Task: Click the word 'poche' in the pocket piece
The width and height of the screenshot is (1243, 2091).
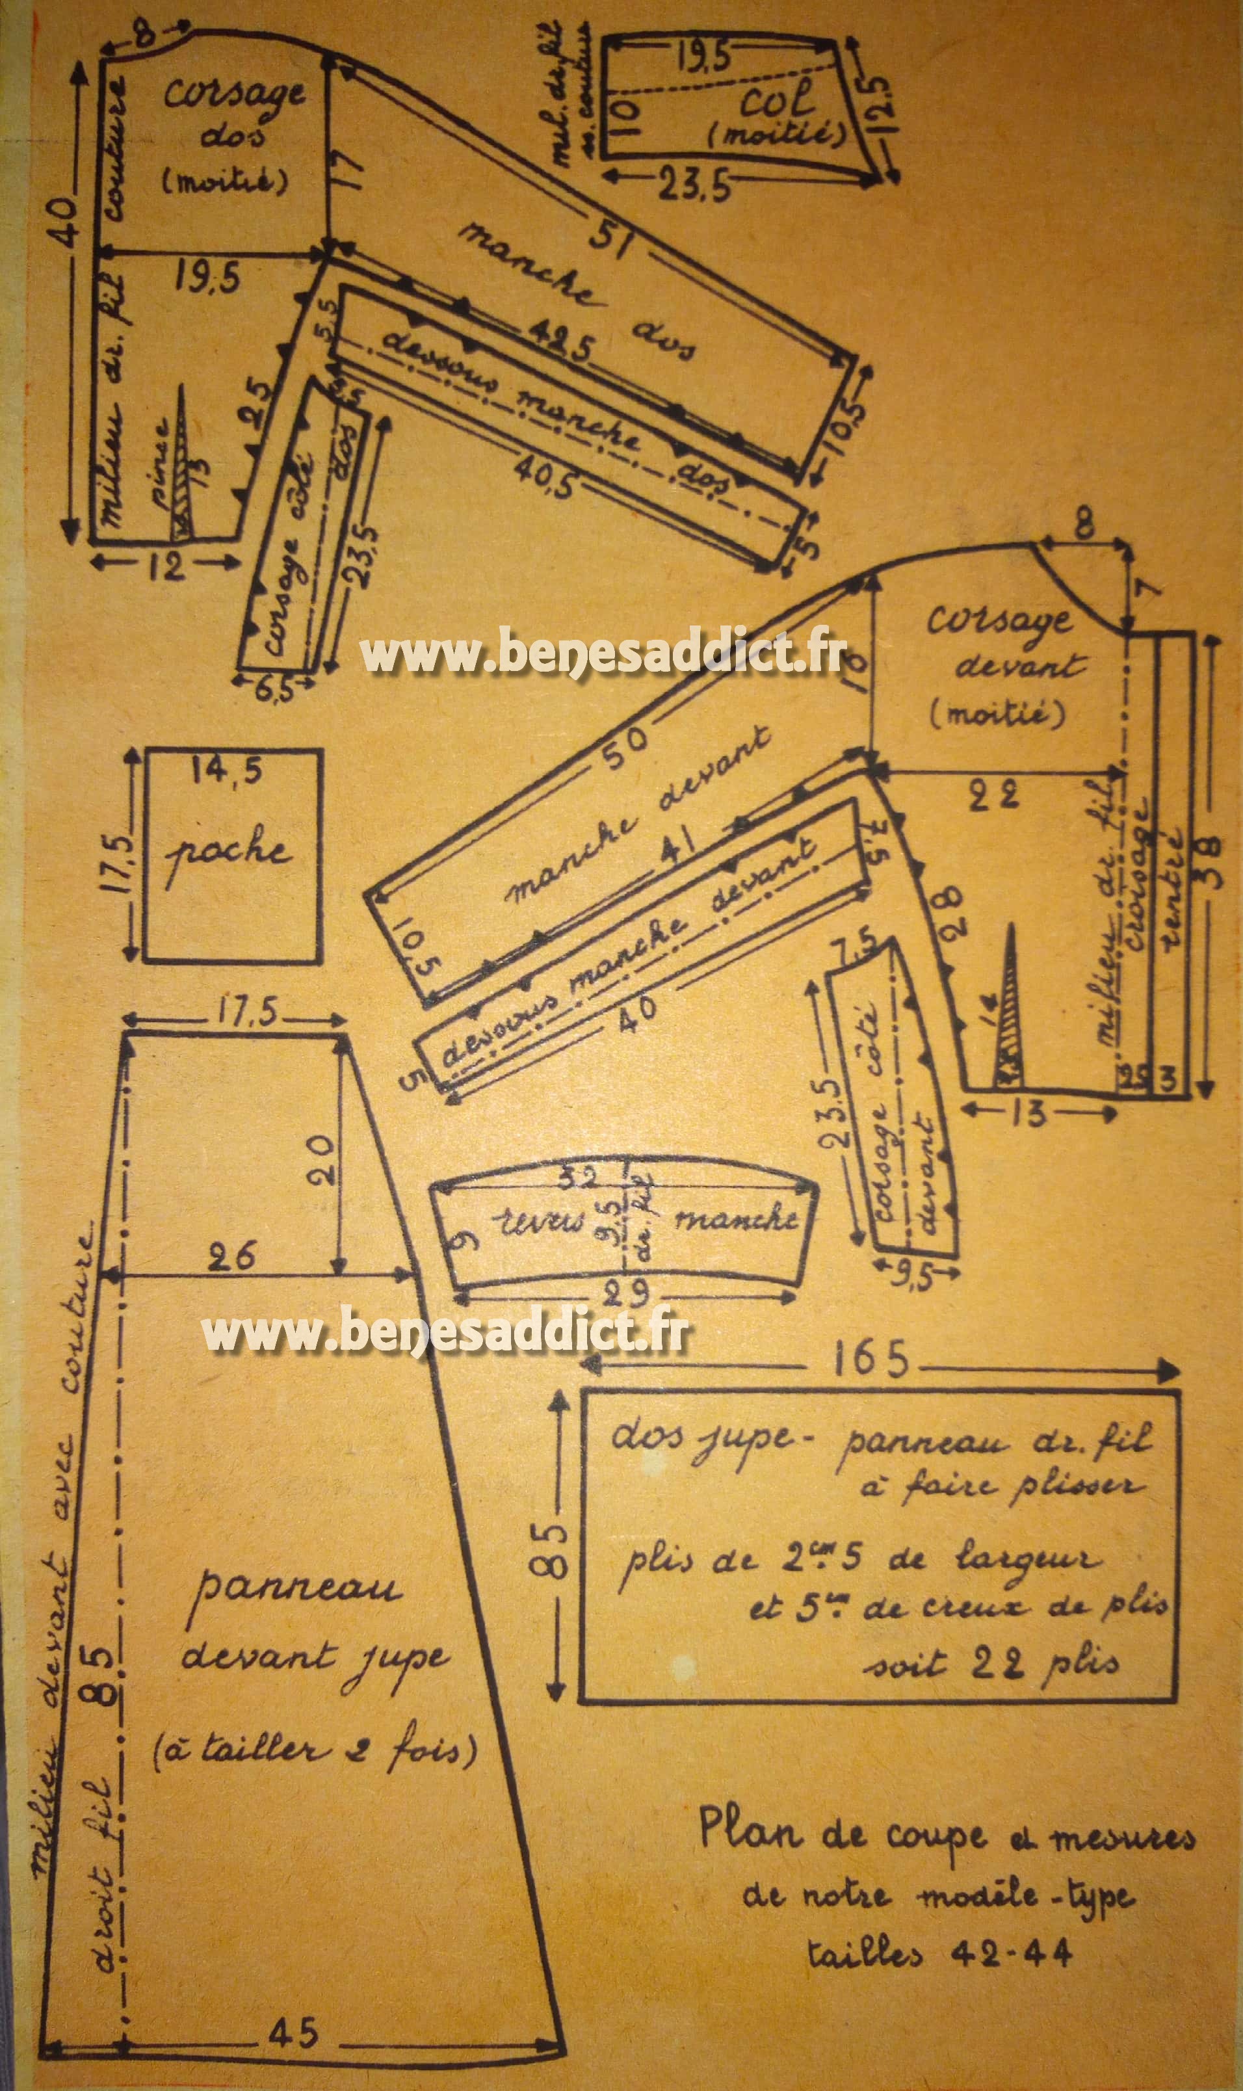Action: [x=228, y=853]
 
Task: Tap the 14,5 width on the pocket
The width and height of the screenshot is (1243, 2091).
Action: [x=226, y=770]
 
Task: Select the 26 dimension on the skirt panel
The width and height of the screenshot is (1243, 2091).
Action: [x=232, y=1257]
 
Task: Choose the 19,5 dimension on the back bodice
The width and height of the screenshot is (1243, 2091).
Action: [x=207, y=276]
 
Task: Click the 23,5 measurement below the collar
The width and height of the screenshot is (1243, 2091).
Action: [x=694, y=186]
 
